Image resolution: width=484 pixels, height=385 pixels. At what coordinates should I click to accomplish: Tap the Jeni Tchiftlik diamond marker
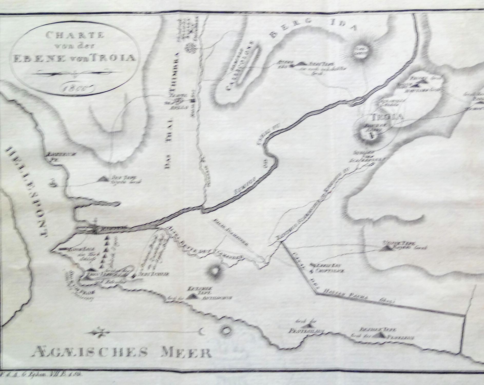click(x=134, y=276)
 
